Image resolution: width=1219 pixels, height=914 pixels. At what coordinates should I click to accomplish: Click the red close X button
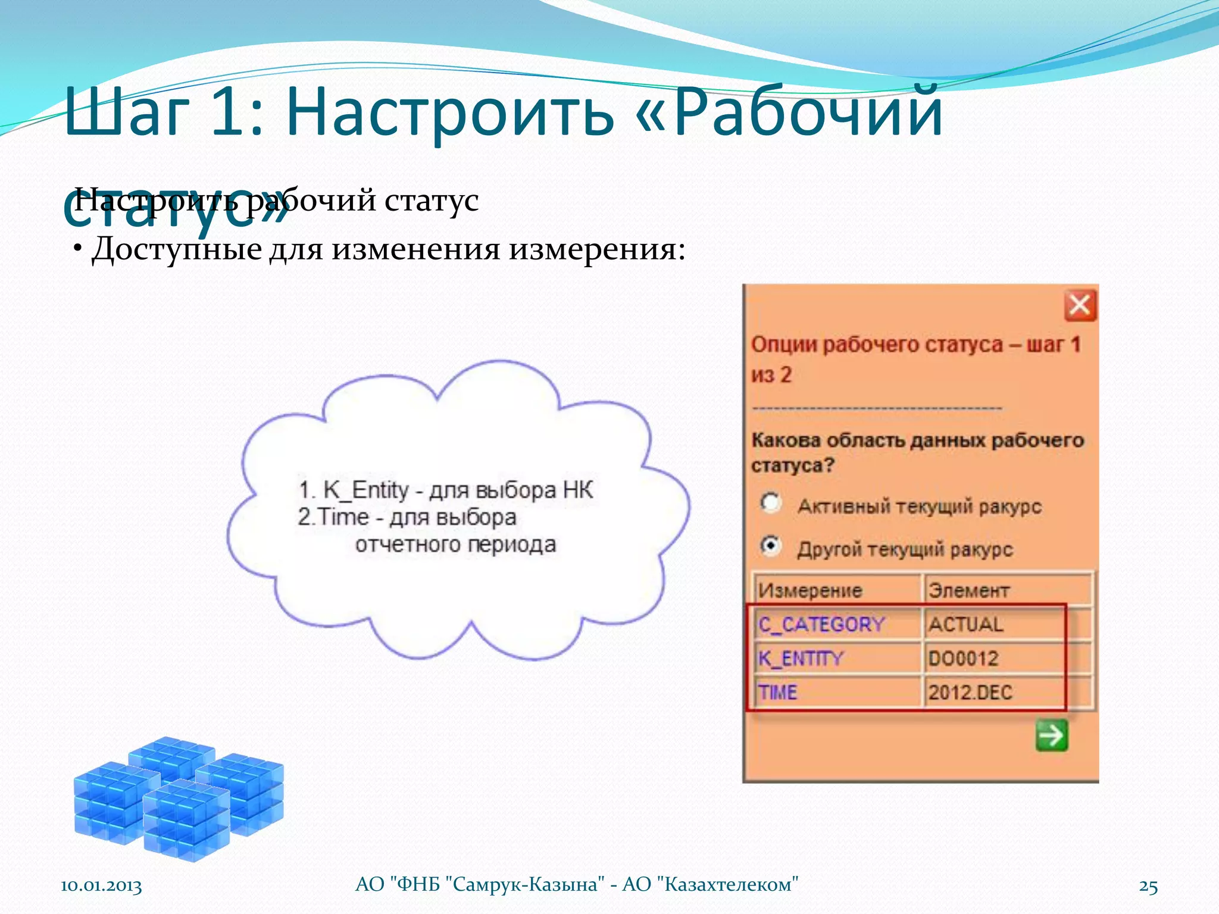(x=1080, y=306)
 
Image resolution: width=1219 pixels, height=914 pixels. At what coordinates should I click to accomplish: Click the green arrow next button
(x=1052, y=735)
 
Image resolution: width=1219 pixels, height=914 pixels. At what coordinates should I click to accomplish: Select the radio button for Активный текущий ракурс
(x=770, y=503)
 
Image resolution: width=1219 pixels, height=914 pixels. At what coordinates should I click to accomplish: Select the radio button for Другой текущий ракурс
(x=770, y=546)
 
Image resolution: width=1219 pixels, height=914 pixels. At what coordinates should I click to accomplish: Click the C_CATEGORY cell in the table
(x=821, y=624)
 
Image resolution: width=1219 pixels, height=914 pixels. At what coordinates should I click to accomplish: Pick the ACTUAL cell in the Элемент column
(x=966, y=624)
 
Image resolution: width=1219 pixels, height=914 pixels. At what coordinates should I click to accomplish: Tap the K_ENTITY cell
(x=801, y=659)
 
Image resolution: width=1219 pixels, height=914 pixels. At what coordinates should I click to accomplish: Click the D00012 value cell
(x=964, y=659)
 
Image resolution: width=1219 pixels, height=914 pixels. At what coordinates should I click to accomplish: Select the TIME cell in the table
(x=777, y=693)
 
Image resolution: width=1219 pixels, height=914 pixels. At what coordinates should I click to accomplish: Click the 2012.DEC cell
(x=970, y=693)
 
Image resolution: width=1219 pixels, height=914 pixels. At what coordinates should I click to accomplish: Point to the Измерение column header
(x=810, y=590)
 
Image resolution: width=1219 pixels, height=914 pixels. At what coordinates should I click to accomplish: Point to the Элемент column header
(x=969, y=590)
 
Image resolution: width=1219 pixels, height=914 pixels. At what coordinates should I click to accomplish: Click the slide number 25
(x=1148, y=886)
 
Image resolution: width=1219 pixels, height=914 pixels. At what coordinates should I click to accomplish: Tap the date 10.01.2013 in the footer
(x=101, y=885)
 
